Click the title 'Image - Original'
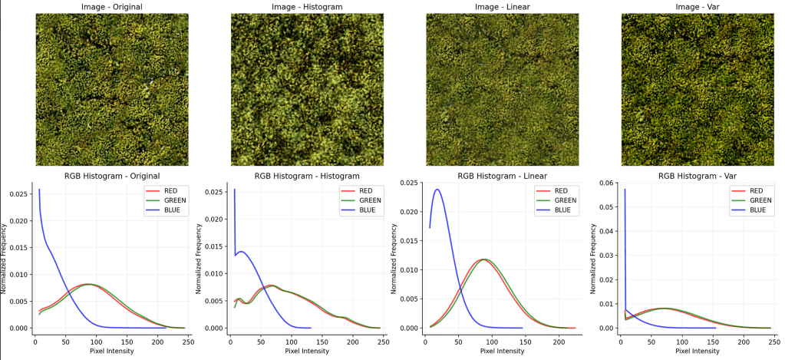tap(111, 7)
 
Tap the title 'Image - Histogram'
tap(307, 7)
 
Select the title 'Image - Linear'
tap(502, 7)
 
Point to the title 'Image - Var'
tap(697, 7)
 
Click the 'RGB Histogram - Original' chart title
tap(111, 177)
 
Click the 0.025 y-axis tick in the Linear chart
tap(409, 183)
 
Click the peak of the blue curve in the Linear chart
tap(437, 190)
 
